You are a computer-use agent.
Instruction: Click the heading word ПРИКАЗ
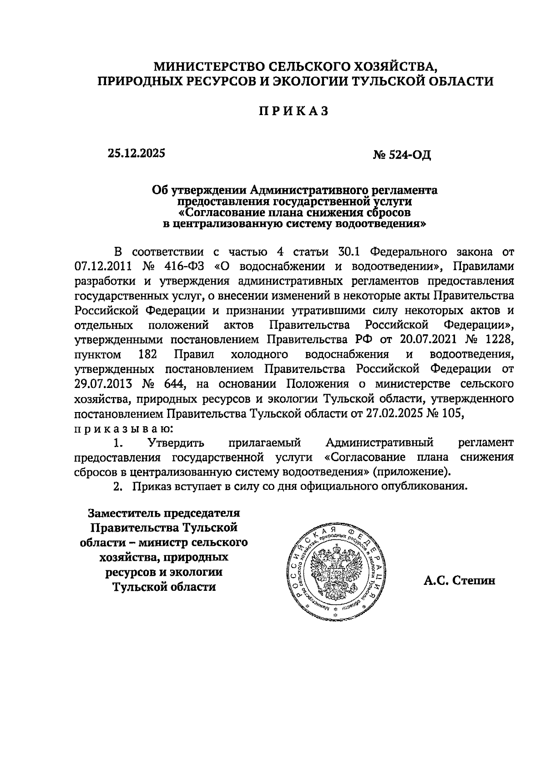pyautogui.click(x=293, y=111)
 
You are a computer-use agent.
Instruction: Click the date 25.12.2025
pyautogui.click(x=136, y=153)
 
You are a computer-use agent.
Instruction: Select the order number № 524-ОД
pyautogui.click(x=401, y=155)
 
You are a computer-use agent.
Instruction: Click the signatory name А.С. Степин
pyautogui.click(x=459, y=581)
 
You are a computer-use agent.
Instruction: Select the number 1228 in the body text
pyautogui.click(x=499, y=339)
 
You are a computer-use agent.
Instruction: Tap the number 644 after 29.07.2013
pyautogui.click(x=173, y=383)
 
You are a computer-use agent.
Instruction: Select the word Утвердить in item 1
pyautogui.click(x=175, y=443)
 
